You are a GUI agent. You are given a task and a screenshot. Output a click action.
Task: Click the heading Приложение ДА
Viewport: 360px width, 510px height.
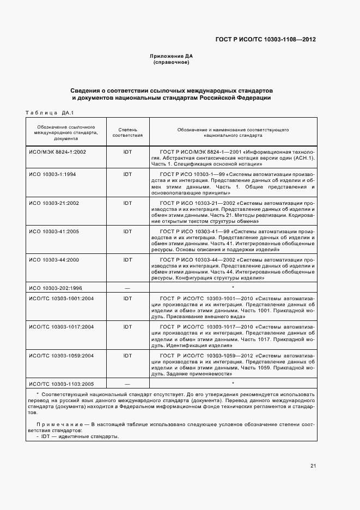(x=172, y=56)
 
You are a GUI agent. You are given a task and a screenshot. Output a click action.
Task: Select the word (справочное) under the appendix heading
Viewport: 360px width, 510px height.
(x=172, y=63)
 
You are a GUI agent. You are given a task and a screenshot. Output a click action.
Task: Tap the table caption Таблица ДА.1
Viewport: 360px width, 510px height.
(x=50, y=113)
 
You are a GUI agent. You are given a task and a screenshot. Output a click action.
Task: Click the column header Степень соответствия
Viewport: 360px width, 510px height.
(x=127, y=132)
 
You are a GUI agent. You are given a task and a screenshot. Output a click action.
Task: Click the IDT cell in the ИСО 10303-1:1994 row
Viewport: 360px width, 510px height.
(x=127, y=174)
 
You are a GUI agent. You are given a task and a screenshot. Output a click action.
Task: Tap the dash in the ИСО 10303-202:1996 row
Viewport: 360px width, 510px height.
(x=127, y=288)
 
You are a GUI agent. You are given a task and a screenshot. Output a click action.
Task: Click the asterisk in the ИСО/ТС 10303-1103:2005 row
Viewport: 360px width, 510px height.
(x=233, y=384)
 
